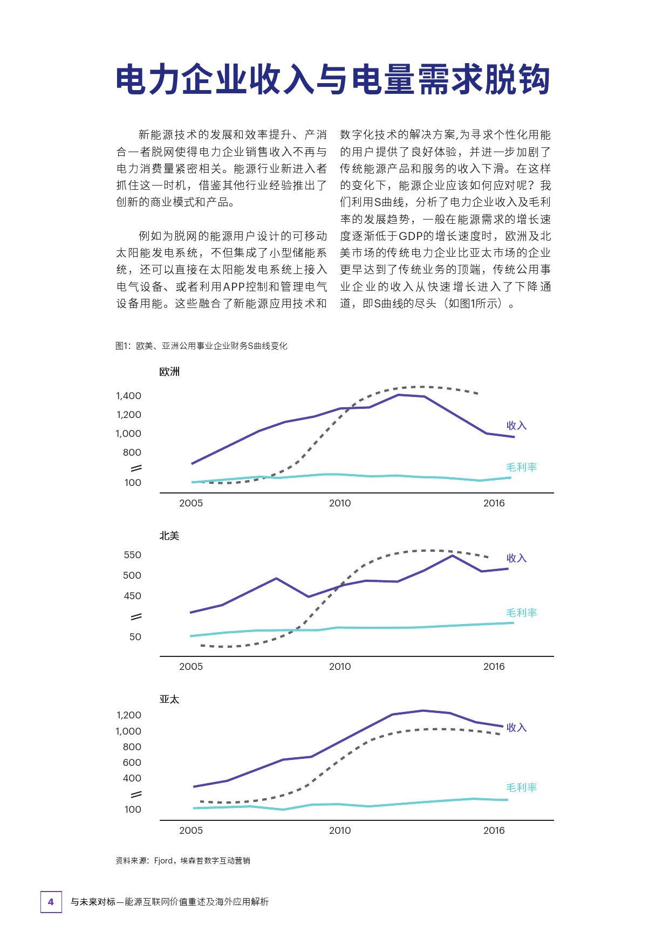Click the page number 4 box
tap(51, 902)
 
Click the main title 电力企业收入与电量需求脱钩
tap(333, 80)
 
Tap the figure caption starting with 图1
tap(201, 346)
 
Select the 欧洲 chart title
tap(169, 372)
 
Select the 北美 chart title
tap(169, 536)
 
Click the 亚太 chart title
tap(169, 699)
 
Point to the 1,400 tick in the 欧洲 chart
tap(128, 396)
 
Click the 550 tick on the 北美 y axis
tap(132, 555)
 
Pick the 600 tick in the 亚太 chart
tap(132, 763)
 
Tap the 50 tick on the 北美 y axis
tap(135, 637)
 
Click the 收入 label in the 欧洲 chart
tap(516, 426)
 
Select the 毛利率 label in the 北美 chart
tap(522, 613)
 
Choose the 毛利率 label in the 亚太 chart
tap(522, 787)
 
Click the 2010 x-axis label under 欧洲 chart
tap(340, 503)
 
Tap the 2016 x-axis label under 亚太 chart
tap(494, 831)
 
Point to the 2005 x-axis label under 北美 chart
tap(191, 667)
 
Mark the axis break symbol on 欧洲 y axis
tap(136, 468)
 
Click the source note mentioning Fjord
tap(183, 861)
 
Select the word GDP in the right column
tap(410, 236)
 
